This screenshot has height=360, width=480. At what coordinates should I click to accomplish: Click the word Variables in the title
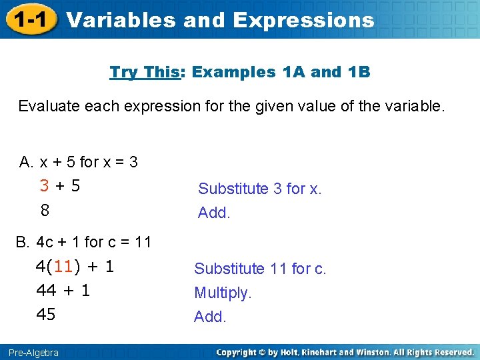(121, 20)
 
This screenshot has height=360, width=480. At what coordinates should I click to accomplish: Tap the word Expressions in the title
(303, 20)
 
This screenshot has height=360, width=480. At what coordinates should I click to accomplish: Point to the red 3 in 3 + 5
(44, 186)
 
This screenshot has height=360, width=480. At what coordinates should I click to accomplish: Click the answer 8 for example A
(45, 210)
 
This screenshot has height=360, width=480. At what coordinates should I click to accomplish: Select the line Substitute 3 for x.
(259, 189)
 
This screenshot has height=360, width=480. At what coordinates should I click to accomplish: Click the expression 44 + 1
(63, 291)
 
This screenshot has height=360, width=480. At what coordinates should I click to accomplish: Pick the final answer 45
(46, 314)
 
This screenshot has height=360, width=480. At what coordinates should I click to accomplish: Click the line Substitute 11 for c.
(259, 269)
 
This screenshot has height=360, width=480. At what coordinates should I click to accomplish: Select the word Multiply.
(223, 293)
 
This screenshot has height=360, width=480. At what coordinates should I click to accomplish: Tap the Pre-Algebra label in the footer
(34, 352)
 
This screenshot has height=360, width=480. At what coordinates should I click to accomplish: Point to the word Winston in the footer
(373, 352)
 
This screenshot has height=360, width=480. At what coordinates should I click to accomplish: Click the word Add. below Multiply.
(210, 317)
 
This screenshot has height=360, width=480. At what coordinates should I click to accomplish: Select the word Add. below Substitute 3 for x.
(214, 213)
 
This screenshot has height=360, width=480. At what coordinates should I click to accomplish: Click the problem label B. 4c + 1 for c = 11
(83, 241)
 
